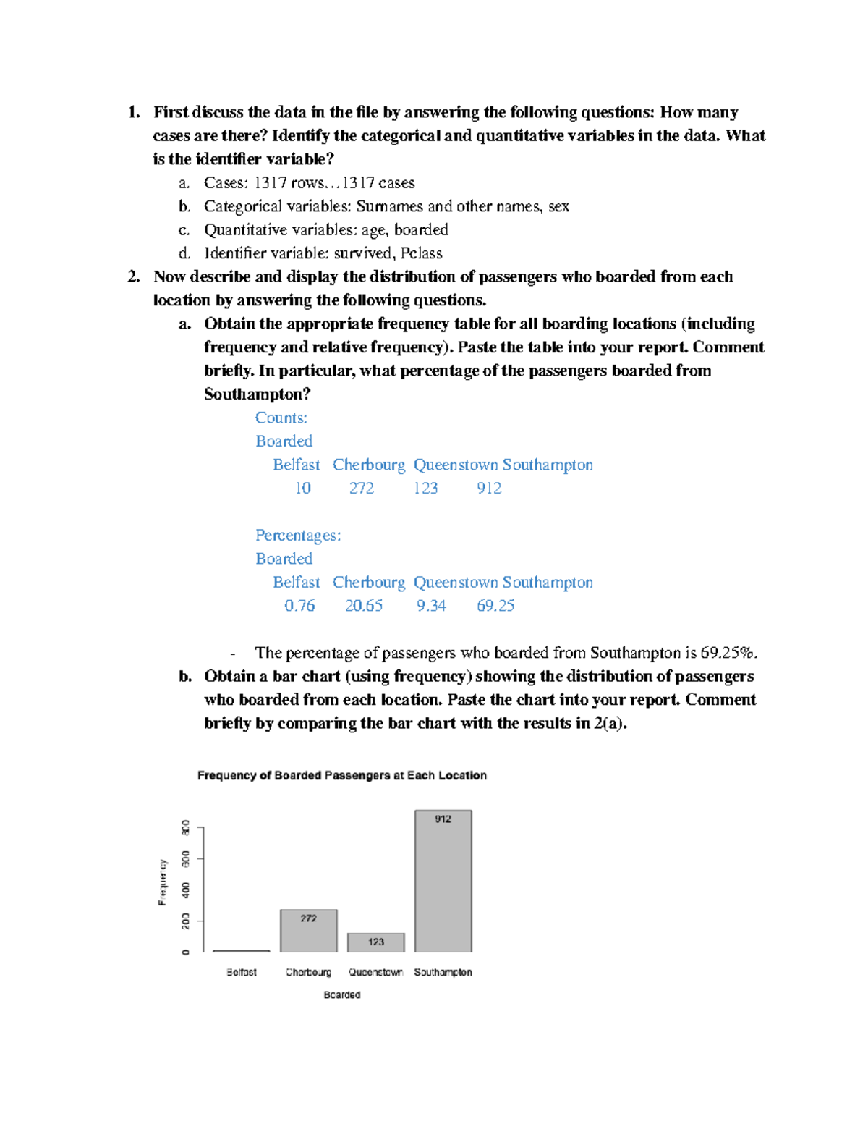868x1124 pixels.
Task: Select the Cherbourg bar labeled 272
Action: pos(308,932)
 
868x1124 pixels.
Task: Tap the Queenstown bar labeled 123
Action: pos(375,942)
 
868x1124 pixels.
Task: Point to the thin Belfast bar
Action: pos(242,951)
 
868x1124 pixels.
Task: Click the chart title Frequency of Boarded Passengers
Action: pos(341,775)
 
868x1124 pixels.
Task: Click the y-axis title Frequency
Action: pos(162,883)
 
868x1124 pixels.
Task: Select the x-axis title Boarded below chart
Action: pos(341,995)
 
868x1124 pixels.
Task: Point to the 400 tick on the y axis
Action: pos(186,890)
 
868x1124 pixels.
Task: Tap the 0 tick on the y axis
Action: pos(186,952)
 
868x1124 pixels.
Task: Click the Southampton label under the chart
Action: pos(443,972)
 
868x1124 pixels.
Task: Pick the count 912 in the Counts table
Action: pos(489,489)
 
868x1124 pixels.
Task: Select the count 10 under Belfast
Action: pos(302,489)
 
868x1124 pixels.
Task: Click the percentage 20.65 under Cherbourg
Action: pos(363,606)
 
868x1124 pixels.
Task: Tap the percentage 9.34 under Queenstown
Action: pos(431,606)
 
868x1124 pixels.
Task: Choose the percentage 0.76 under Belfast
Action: pos(299,606)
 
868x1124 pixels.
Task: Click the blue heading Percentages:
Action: pos(298,536)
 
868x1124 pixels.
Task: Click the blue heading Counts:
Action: pos(281,418)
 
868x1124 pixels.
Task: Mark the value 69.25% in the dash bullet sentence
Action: pos(728,653)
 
